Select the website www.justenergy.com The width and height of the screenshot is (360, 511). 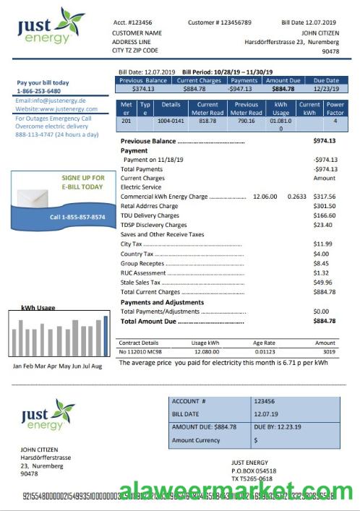(51, 109)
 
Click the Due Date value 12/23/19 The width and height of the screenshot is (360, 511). (327, 89)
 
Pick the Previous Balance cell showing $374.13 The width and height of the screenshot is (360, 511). (144, 89)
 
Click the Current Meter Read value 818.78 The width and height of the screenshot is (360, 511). (207, 121)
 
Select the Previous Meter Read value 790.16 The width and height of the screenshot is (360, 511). (247, 121)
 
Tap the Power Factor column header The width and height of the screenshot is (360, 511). (335, 108)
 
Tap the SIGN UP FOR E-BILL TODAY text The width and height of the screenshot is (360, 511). (82, 182)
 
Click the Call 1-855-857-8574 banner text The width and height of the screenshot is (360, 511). (77, 217)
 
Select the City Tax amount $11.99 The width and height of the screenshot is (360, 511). (322, 244)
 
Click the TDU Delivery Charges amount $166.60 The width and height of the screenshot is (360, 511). (325, 215)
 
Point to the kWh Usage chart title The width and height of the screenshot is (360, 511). (35, 306)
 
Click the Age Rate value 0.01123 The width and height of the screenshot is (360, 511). (265, 352)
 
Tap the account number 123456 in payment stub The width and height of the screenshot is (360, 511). (264, 400)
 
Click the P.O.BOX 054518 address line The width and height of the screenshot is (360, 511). (254, 471)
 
